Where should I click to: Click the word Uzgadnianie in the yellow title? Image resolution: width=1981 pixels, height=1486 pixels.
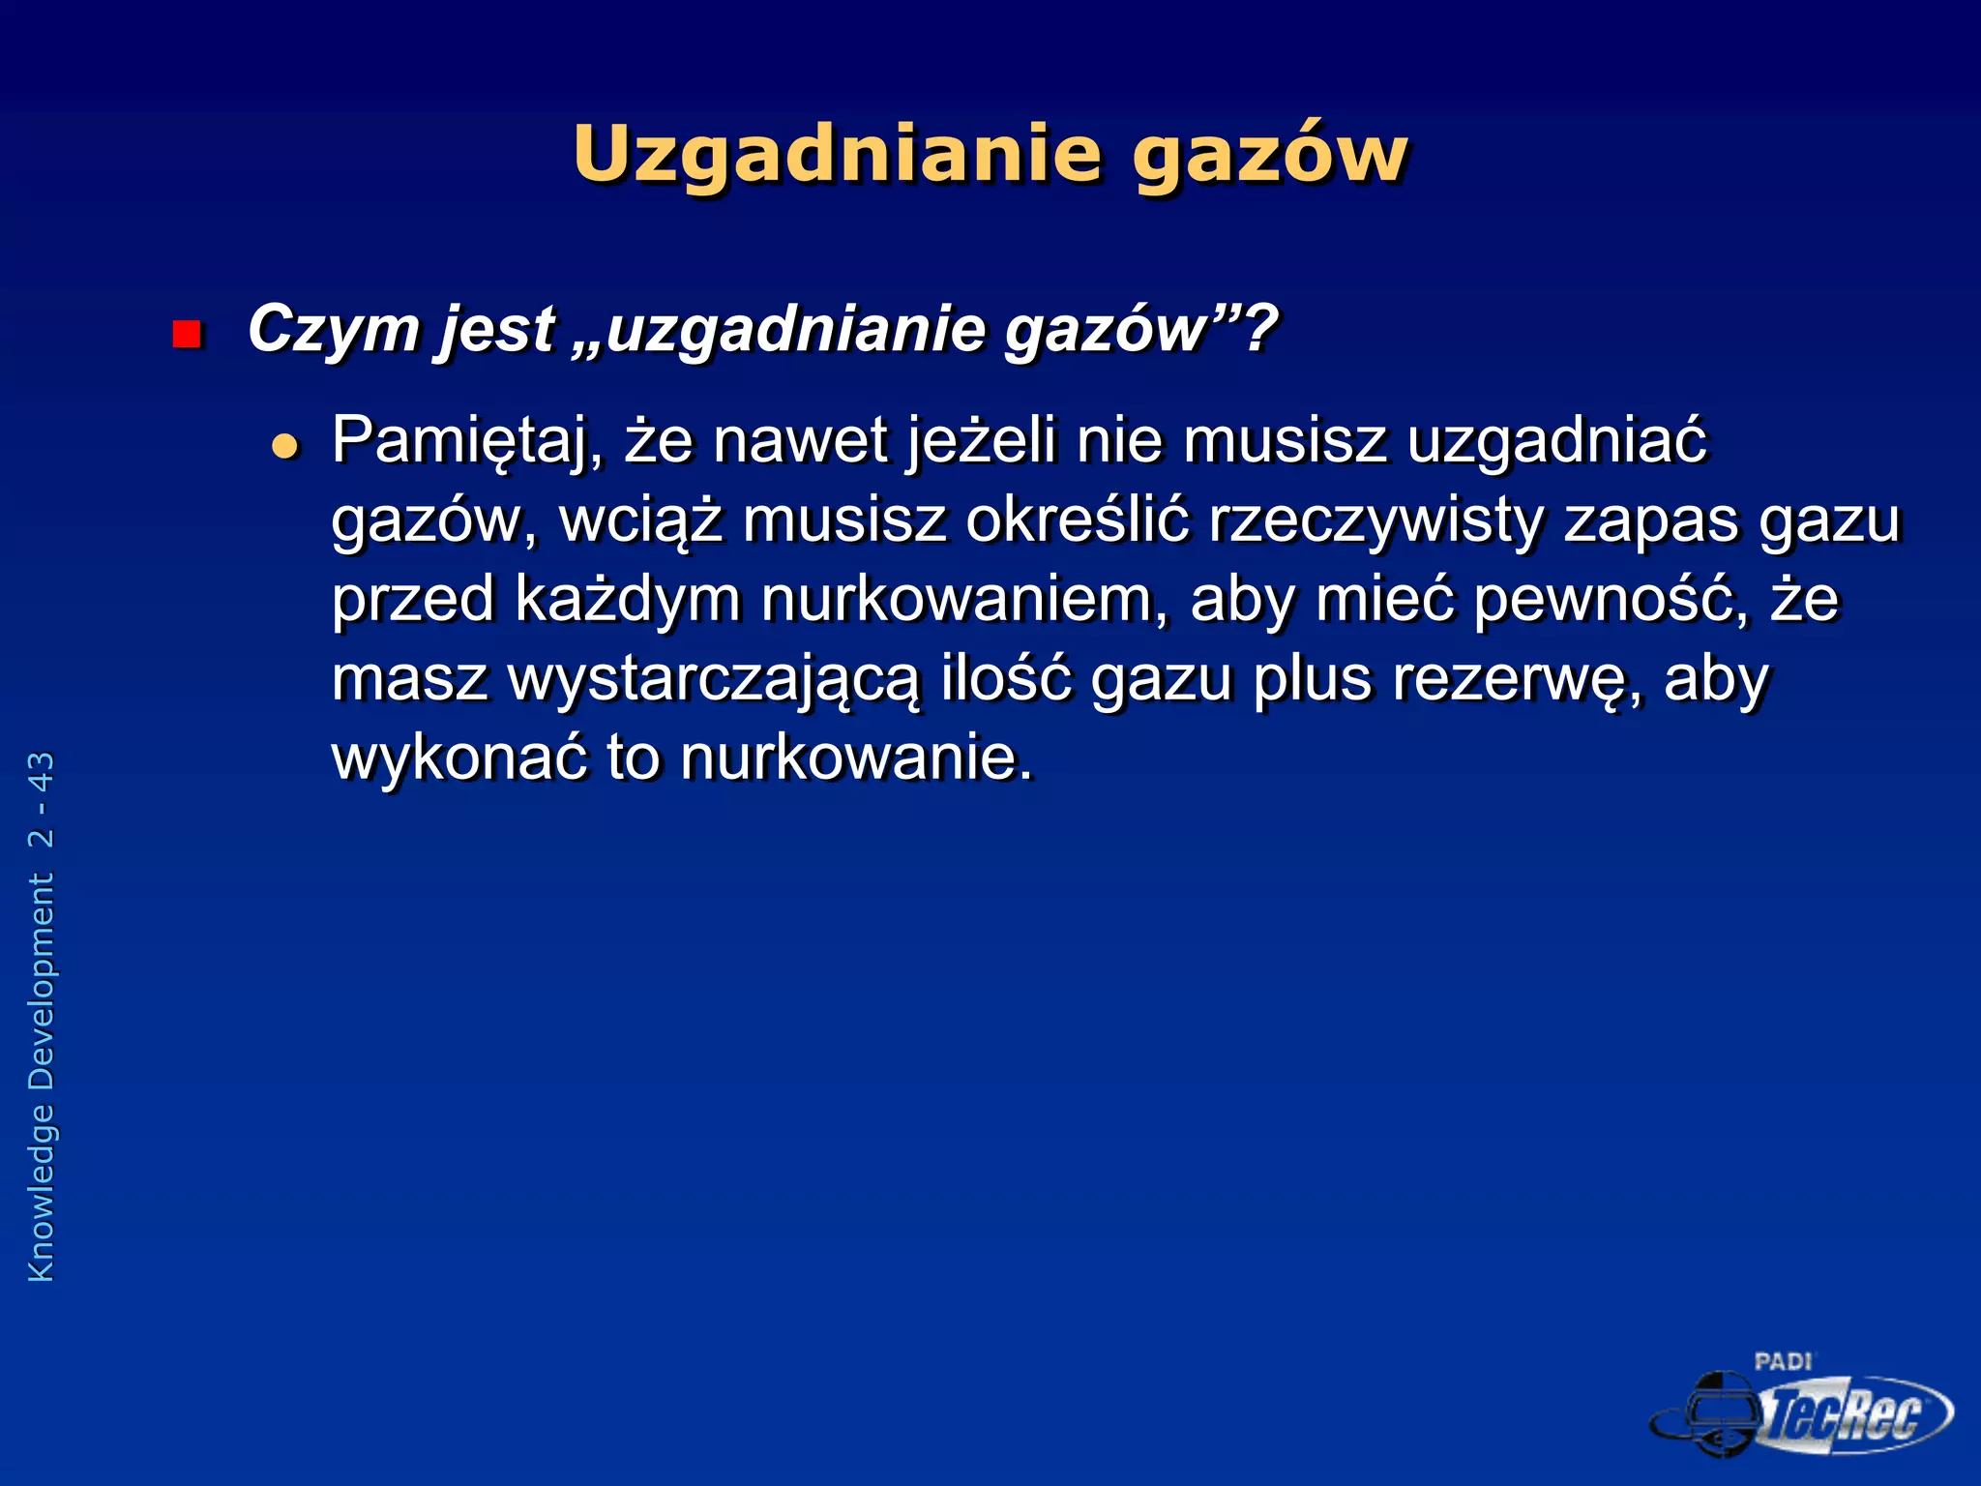point(837,155)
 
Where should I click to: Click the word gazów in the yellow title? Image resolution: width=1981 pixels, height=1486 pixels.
point(1270,155)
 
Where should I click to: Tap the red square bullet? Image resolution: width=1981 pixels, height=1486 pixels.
point(186,335)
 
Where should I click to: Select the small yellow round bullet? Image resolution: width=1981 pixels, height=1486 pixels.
point(285,446)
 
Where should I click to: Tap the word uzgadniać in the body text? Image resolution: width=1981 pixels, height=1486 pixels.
point(1557,441)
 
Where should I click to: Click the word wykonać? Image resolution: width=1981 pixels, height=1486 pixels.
point(459,757)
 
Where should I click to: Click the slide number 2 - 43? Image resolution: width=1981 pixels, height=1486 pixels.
point(42,799)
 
